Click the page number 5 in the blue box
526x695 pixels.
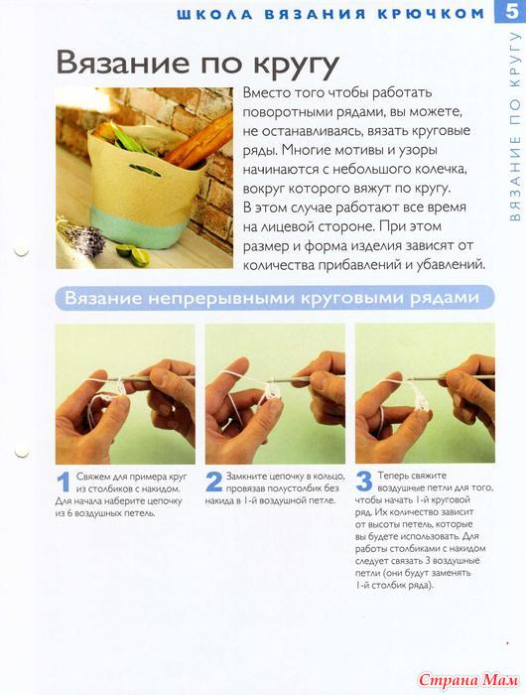[511, 12]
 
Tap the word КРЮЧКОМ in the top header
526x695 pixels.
[431, 14]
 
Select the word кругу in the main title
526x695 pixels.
[296, 67]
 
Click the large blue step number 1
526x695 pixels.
[65, 483]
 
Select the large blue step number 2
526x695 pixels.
[214, 482]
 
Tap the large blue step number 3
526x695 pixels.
[364, 482]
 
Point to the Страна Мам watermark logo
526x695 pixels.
[468, 679]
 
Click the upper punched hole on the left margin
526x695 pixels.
[21, 251]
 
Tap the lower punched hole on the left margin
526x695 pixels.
[21, 451]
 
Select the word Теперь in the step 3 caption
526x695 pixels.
[393, 476]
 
